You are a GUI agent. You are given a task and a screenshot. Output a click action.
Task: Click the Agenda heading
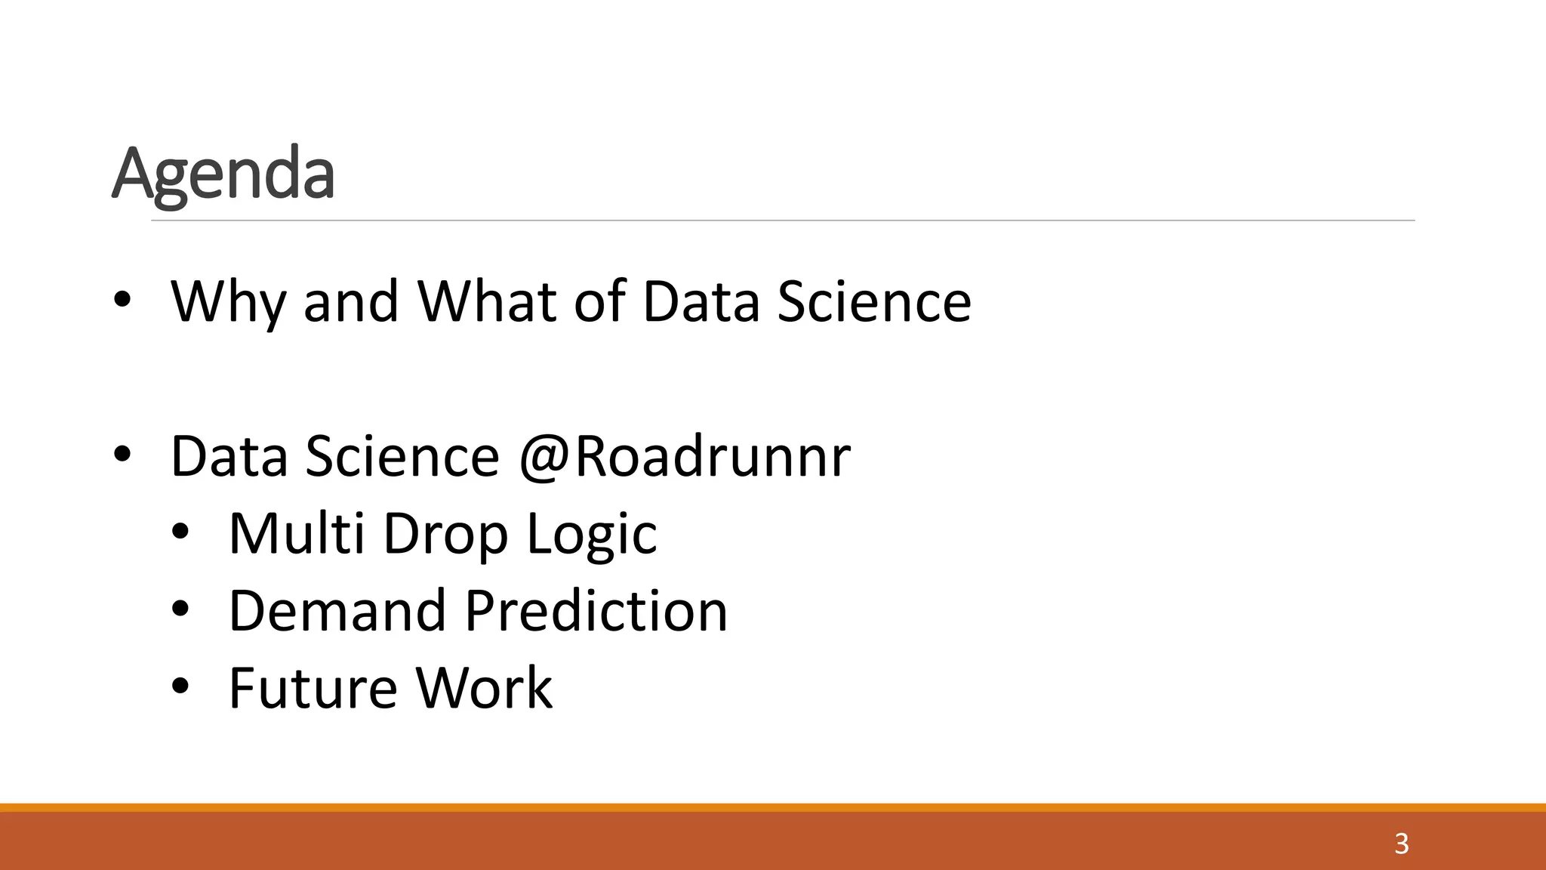point(223,174)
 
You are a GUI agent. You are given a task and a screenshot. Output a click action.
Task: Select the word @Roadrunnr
point(684,456)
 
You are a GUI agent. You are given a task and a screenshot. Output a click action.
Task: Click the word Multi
point(296,533)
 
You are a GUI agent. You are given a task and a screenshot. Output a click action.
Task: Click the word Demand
point(337,610)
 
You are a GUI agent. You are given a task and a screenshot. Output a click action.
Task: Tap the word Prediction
point(596,610)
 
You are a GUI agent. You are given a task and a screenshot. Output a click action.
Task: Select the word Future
point(313,687)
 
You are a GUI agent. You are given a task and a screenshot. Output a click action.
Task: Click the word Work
point(484,687)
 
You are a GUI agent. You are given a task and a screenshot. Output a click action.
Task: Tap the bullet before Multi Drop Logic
point(180,532)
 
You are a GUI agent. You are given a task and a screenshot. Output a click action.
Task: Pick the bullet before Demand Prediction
point(180,609)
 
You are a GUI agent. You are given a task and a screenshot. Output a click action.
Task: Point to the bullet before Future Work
point(180,686)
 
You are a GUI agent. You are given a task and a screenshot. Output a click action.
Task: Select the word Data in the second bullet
point(229,456)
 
